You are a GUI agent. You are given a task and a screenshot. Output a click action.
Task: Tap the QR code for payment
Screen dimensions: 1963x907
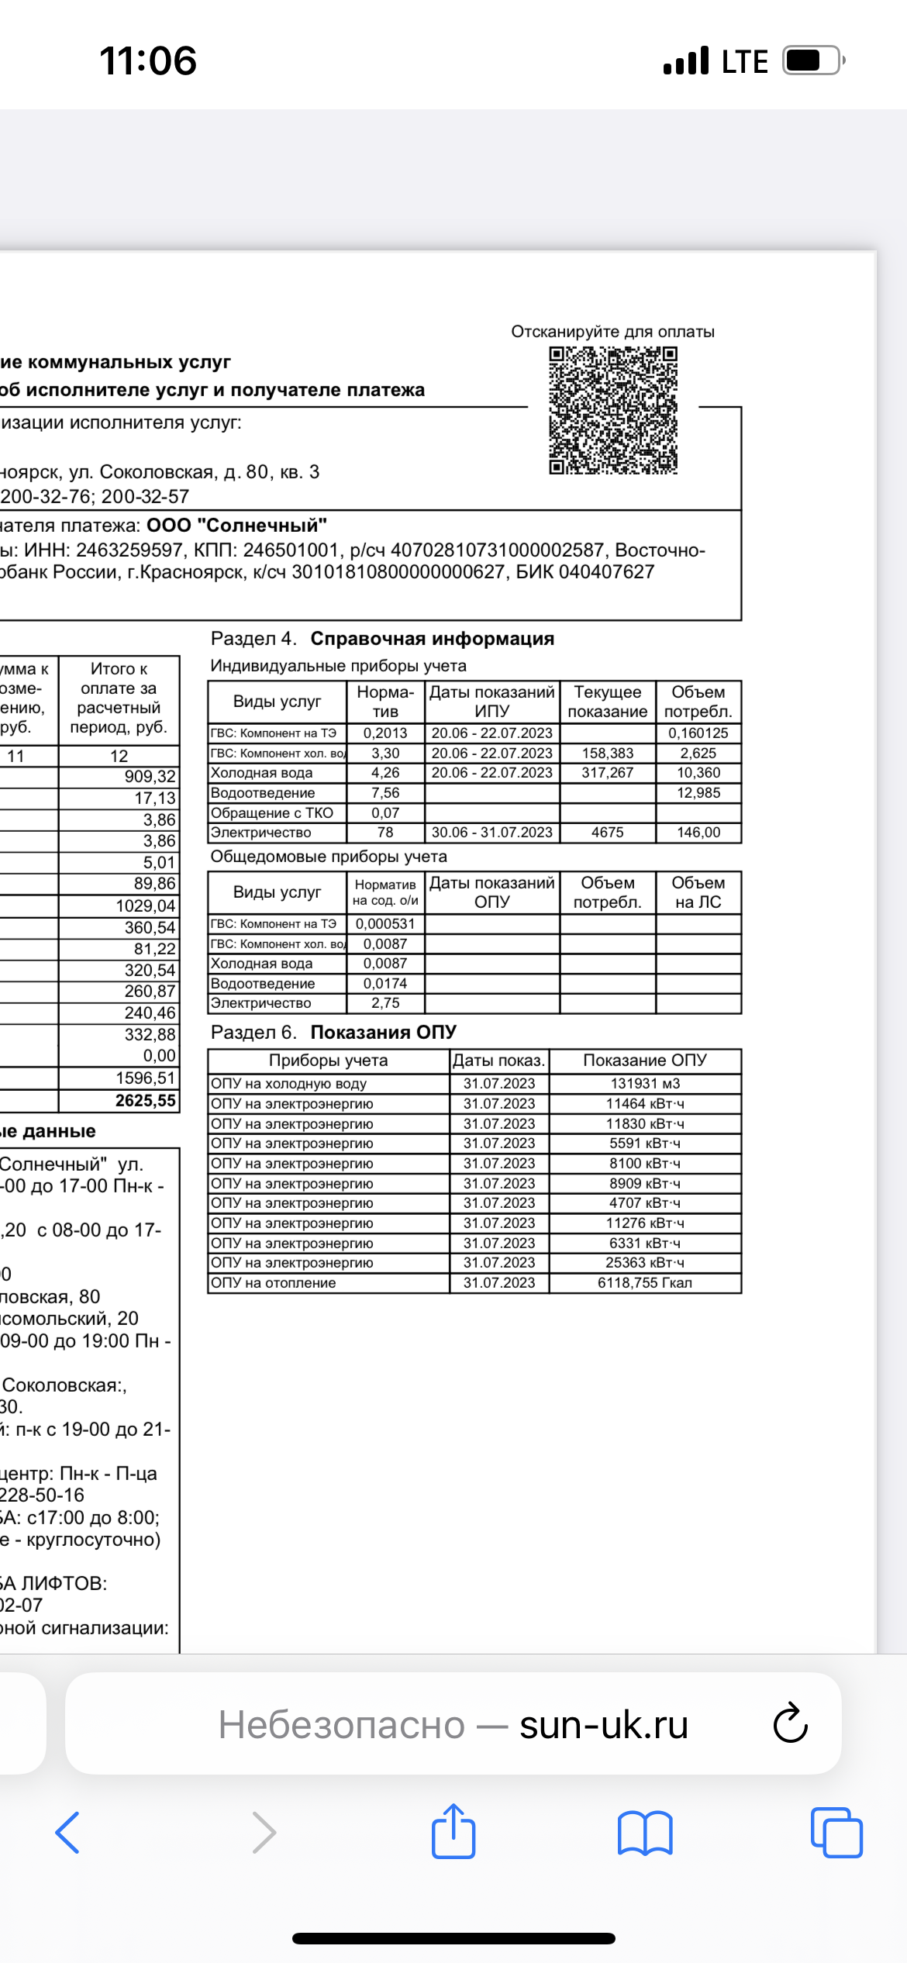pyautogui.click(x=613, y=410)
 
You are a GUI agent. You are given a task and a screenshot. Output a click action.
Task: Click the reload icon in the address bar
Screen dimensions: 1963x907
pyautogui.click(x=791, y=1723)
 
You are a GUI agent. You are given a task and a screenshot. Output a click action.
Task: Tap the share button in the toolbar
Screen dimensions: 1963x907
pyautogui.click(x=453, y=1832)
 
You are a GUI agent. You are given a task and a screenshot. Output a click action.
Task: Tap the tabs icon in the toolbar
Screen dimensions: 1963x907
pyautogui.click(x=836, y=1832)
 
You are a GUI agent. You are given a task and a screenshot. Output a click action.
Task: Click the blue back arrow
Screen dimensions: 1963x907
pyautogui.click(x=68, y=1832)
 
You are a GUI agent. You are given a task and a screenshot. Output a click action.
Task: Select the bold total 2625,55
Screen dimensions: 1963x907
pyautogui.click(x=146, y=1100)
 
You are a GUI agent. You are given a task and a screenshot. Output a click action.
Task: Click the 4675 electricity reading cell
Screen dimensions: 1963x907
pyautogui.click(x=607, y=833)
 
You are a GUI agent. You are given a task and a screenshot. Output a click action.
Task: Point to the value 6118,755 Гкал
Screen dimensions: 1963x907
pyautogui.click(x=644, y=1283)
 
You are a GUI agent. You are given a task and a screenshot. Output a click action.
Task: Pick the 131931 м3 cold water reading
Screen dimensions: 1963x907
pyautogui.click(x=644, y=1084)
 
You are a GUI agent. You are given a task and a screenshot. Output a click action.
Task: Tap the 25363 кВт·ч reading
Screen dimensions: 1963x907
pyautogui.click(x=644, y=1263)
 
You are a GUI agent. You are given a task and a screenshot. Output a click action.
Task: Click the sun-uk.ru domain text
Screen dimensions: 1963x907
pyautogui.click(x=604, y=1725)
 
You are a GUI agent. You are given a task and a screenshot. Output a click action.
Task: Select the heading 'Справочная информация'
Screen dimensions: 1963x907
pyautogui.click(x=432, y=639)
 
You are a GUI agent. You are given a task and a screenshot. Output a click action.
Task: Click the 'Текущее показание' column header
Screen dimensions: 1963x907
pyautogui.click(x=607, y=702)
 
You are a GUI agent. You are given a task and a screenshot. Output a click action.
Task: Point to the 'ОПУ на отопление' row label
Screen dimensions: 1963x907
pyautogui.click(x=274, y=1283)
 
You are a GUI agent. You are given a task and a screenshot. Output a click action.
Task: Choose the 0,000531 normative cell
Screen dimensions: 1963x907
pyautogui.click(x=385, y=924)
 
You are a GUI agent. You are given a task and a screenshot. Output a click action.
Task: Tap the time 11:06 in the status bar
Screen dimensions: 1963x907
pyautogui.click(x=148, y=60)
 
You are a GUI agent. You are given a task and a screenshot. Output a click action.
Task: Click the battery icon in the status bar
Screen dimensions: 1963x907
pyautogui.click(x=812, y=60)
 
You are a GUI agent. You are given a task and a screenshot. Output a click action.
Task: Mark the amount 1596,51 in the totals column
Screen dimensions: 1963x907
pyautogui.click(x=146, y=1078)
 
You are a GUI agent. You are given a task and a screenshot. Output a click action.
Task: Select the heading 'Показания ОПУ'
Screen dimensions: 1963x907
pyautogui.click(x=383, y=1033)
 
